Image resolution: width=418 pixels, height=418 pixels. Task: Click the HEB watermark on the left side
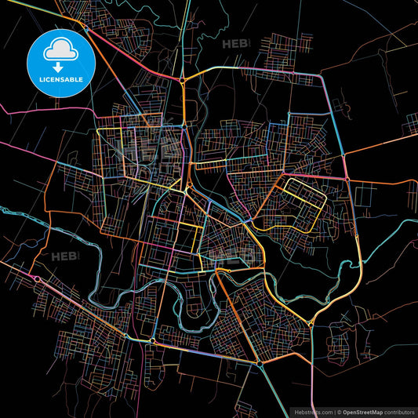pyautogui.click(x=64, y=256)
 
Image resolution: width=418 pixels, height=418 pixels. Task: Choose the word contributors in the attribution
pyautogui.click(x=398, y=412)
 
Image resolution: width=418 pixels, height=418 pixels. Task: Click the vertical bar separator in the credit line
pyautogui.click(x=335, y=412)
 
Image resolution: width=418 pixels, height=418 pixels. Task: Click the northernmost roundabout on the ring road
pyautogui.click(x=182, y=79)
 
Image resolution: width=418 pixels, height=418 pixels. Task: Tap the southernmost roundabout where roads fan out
pyautogui.click(x=259, y=365)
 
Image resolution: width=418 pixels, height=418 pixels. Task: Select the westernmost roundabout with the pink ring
pyautogui.click(x=36, y=278)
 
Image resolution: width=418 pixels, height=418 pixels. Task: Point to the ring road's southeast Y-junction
pyautogui.click(x=311, y=323)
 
